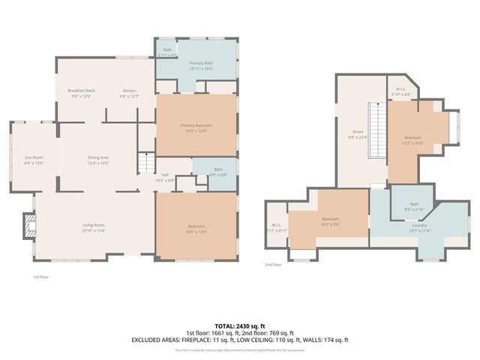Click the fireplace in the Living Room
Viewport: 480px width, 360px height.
point(28,225)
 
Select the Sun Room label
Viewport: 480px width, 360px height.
point(34,157)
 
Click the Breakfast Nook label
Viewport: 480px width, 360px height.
point(80,90)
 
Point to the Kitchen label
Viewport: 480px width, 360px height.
point(129,90)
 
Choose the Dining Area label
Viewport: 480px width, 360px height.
point(98,157)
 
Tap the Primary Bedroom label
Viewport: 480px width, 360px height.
point(196,124)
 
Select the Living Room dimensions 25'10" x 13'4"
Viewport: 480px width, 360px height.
point(94,231)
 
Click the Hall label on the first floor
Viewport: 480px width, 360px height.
point(165,175)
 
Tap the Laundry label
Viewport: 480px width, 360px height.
point(419,225)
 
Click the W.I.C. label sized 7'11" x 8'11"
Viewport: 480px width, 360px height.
point(275,225)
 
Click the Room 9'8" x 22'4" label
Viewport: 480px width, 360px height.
point(358,132)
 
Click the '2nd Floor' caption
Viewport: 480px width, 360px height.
point(273,265)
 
